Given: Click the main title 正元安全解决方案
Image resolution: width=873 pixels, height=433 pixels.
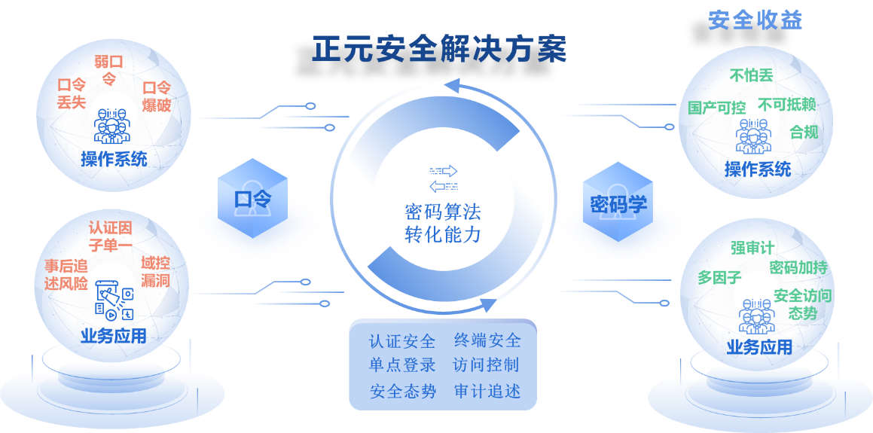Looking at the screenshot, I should [x=439, y=50].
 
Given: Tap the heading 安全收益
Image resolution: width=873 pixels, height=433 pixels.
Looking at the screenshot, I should [x=755, y=20].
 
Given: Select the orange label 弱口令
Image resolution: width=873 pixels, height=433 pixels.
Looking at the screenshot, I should [x=109, y=69].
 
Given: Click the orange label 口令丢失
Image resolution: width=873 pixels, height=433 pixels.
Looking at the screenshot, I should [x=72, y=94].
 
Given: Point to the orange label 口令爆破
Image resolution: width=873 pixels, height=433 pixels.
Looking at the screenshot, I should [x=157, y=96].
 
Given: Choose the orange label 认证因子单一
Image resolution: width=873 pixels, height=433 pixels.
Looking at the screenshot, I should [x=110, y=235].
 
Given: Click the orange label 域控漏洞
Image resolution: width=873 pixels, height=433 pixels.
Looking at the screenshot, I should [x=155, y=271].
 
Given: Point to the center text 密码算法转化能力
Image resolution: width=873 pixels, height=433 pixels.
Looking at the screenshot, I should [x=442, y=222].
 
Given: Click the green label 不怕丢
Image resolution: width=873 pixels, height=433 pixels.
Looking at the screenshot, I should [x=751, y=75].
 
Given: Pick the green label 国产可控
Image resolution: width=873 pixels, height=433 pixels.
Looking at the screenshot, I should [x=716, y=108].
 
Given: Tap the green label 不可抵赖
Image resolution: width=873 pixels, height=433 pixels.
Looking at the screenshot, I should [x=787, y=105].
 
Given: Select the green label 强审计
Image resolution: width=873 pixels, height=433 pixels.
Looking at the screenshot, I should [x=752, y=248].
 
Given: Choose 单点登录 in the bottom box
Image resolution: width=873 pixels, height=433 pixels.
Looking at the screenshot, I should [x=402, y=365].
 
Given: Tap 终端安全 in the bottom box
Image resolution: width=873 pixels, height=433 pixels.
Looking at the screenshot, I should [x=487, y=340].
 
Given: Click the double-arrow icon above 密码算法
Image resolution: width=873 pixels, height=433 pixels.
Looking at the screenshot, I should [x=443, y=179].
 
